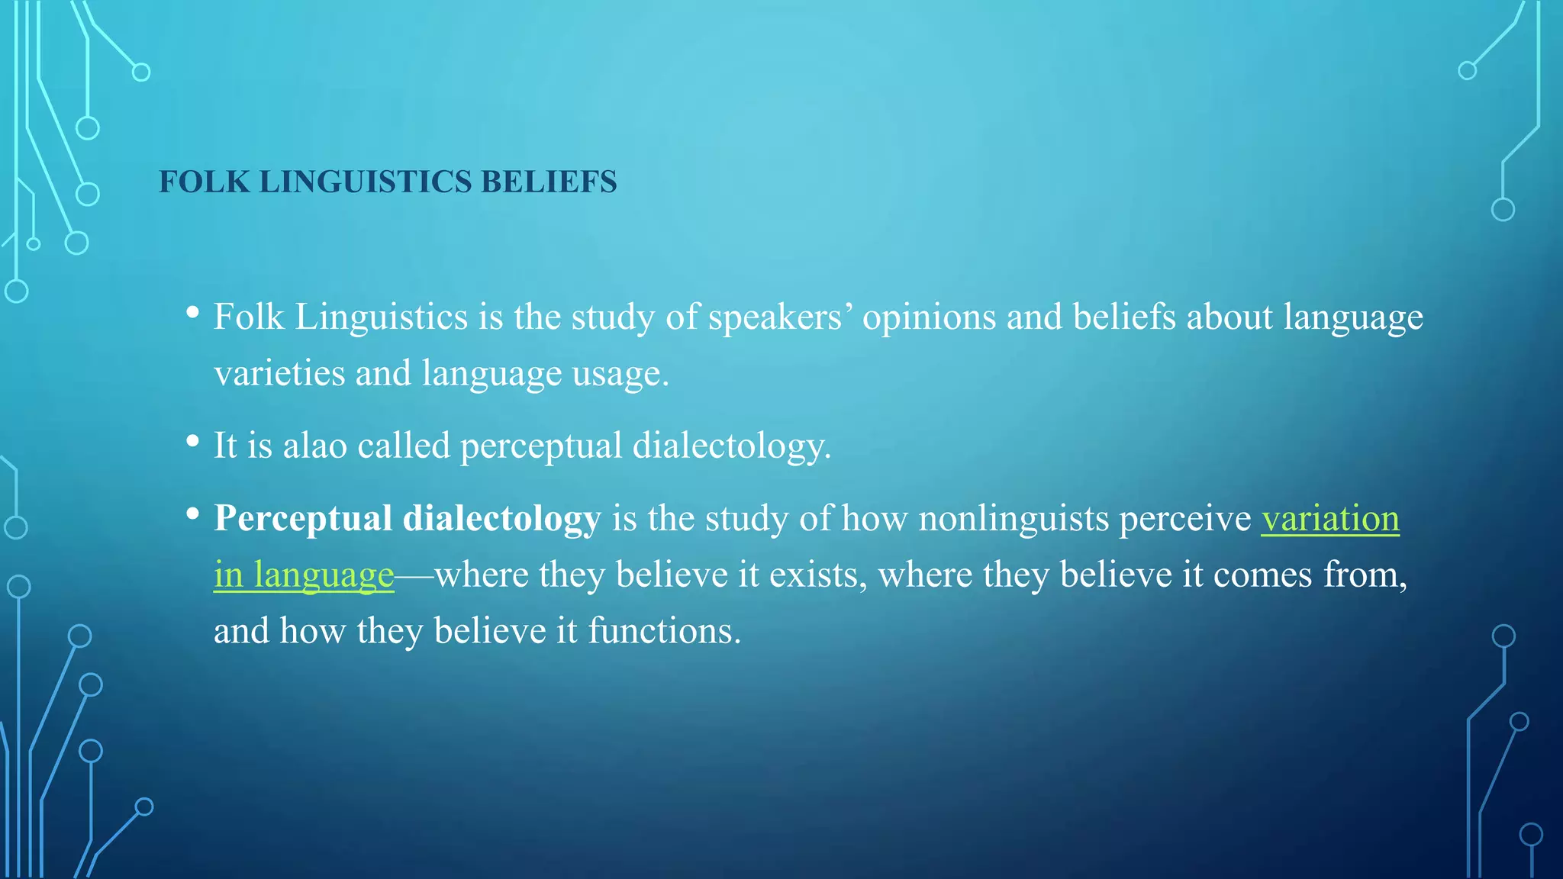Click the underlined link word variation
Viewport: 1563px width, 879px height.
tap(1329, 519)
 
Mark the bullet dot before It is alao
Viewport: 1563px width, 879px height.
tap(192, 440)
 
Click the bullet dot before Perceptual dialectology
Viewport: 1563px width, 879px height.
tap(192, 513)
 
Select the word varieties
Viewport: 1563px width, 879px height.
tap(279, 374)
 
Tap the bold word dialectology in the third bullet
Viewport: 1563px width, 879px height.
tap(501, 519)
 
